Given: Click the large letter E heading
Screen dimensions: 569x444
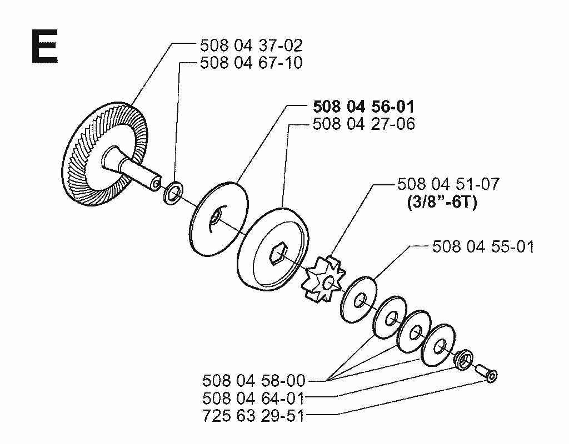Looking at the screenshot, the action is (x=44, y=47).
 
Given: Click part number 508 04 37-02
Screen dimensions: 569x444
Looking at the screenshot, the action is (x=251, y=46).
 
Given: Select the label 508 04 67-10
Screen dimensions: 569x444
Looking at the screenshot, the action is (x=251, y=63).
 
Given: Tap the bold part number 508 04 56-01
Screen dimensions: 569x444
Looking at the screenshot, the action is (x=363, y=107).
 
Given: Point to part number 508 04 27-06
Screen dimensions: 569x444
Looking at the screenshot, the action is (x=363, y=124).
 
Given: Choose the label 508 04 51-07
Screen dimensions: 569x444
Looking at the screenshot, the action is (x=448, y=184).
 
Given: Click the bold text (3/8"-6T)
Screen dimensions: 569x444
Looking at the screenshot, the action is (x=442, y=202).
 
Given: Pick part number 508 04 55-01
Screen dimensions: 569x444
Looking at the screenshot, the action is (x=483, y=247).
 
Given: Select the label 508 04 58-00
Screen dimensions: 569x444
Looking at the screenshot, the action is (x=253, y=381).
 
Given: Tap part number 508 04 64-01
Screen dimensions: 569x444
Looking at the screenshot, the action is (x=253, y=398).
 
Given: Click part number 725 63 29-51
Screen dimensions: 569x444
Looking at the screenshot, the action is (x=253, y=416).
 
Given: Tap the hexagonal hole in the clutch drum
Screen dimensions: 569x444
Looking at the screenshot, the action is (x=278, y=253).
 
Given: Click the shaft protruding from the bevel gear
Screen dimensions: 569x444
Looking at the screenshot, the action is (x=131, y=166).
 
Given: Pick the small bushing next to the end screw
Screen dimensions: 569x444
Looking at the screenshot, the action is (x=464, y=360).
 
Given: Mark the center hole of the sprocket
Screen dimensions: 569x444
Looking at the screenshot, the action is (x=330, y=282).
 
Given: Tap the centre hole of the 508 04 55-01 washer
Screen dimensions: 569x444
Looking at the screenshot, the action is (x=360, y=300).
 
